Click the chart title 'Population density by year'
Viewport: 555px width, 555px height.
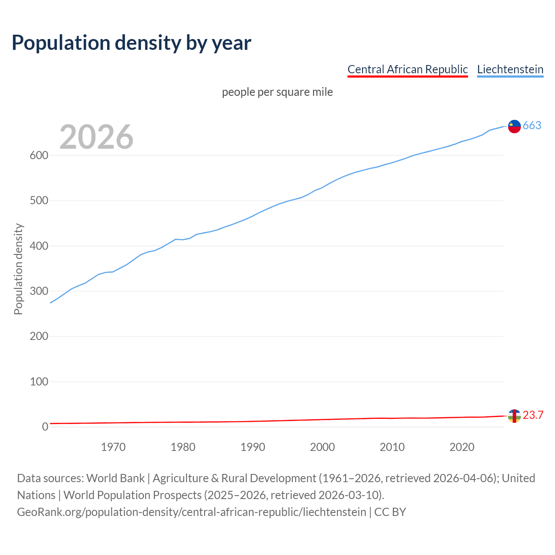(x=131, y=42)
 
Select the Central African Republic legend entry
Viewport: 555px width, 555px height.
(x=408, y=69)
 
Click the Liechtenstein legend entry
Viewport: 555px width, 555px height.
(x=510, y=69)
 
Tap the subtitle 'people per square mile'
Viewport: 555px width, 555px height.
(x=277, y=92)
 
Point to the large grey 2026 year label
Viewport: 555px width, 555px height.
(x=96, y=137)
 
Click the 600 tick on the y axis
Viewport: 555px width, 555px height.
(x=39, y=156)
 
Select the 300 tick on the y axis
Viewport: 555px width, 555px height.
(x=39, y=291)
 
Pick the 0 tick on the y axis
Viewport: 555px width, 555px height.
(x=45, y=427)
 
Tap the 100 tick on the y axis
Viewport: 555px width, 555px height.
(x=39, y=382)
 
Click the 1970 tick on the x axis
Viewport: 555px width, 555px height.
(x=113, y=447)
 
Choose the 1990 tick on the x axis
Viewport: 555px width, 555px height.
(x=253, y=447)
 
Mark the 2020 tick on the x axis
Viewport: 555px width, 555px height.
(x=462, y=447)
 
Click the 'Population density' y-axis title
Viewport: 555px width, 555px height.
(x=18, y=269)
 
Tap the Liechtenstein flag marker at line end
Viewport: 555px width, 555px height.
(x=514, y=126)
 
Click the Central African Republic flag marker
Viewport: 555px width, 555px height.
(x=514, y=416)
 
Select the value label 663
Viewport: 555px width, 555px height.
(x=532, y=126)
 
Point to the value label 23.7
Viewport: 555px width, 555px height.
(x=533, y=415)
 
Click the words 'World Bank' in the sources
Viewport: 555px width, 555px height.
(x=115, y=478)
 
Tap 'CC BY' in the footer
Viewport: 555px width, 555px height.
(x=390, y=512)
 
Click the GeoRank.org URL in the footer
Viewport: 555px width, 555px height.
(x=191, y=512)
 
